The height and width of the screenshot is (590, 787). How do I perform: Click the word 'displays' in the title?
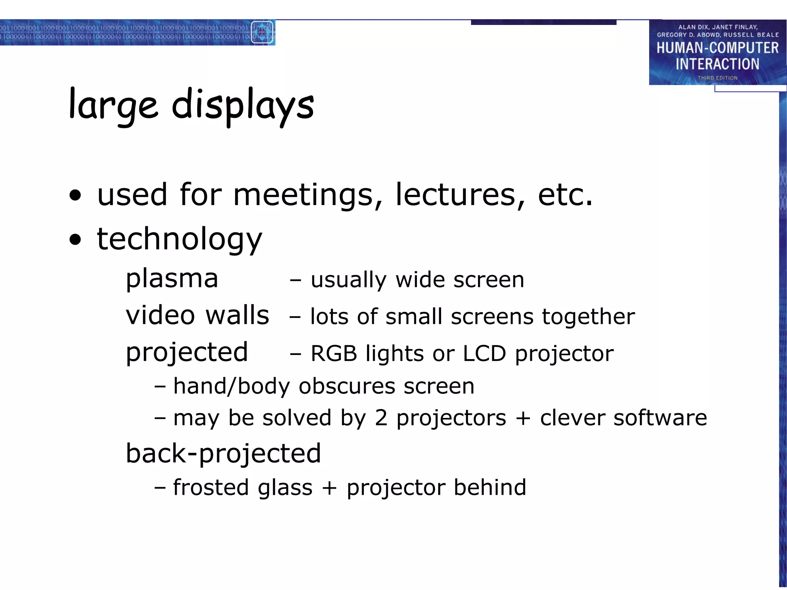242,105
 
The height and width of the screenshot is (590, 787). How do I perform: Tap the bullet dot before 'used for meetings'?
76,195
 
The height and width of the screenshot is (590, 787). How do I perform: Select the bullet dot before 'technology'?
76,240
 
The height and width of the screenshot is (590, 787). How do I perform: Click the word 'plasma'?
172,278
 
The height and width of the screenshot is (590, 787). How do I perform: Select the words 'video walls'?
197,315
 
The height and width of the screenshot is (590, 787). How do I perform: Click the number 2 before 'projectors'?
381,418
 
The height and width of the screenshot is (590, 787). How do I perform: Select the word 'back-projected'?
223,454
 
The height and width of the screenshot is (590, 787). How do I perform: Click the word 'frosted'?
211,487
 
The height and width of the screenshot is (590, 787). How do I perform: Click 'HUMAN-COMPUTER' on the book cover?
717,48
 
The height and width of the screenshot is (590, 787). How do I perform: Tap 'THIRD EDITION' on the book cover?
717,78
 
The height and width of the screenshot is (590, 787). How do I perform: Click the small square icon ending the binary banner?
262,32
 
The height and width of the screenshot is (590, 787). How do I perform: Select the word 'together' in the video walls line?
588,317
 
